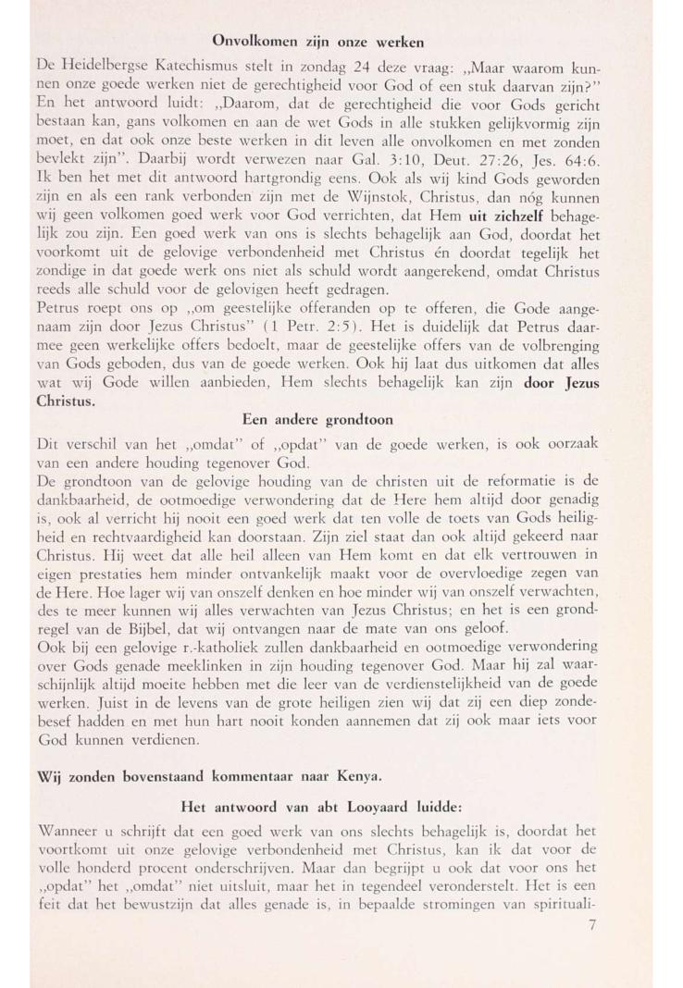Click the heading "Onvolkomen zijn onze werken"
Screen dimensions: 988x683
point(318,42)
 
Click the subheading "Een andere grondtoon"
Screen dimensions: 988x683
point(318,419)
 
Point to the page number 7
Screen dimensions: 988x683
point(592,926)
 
